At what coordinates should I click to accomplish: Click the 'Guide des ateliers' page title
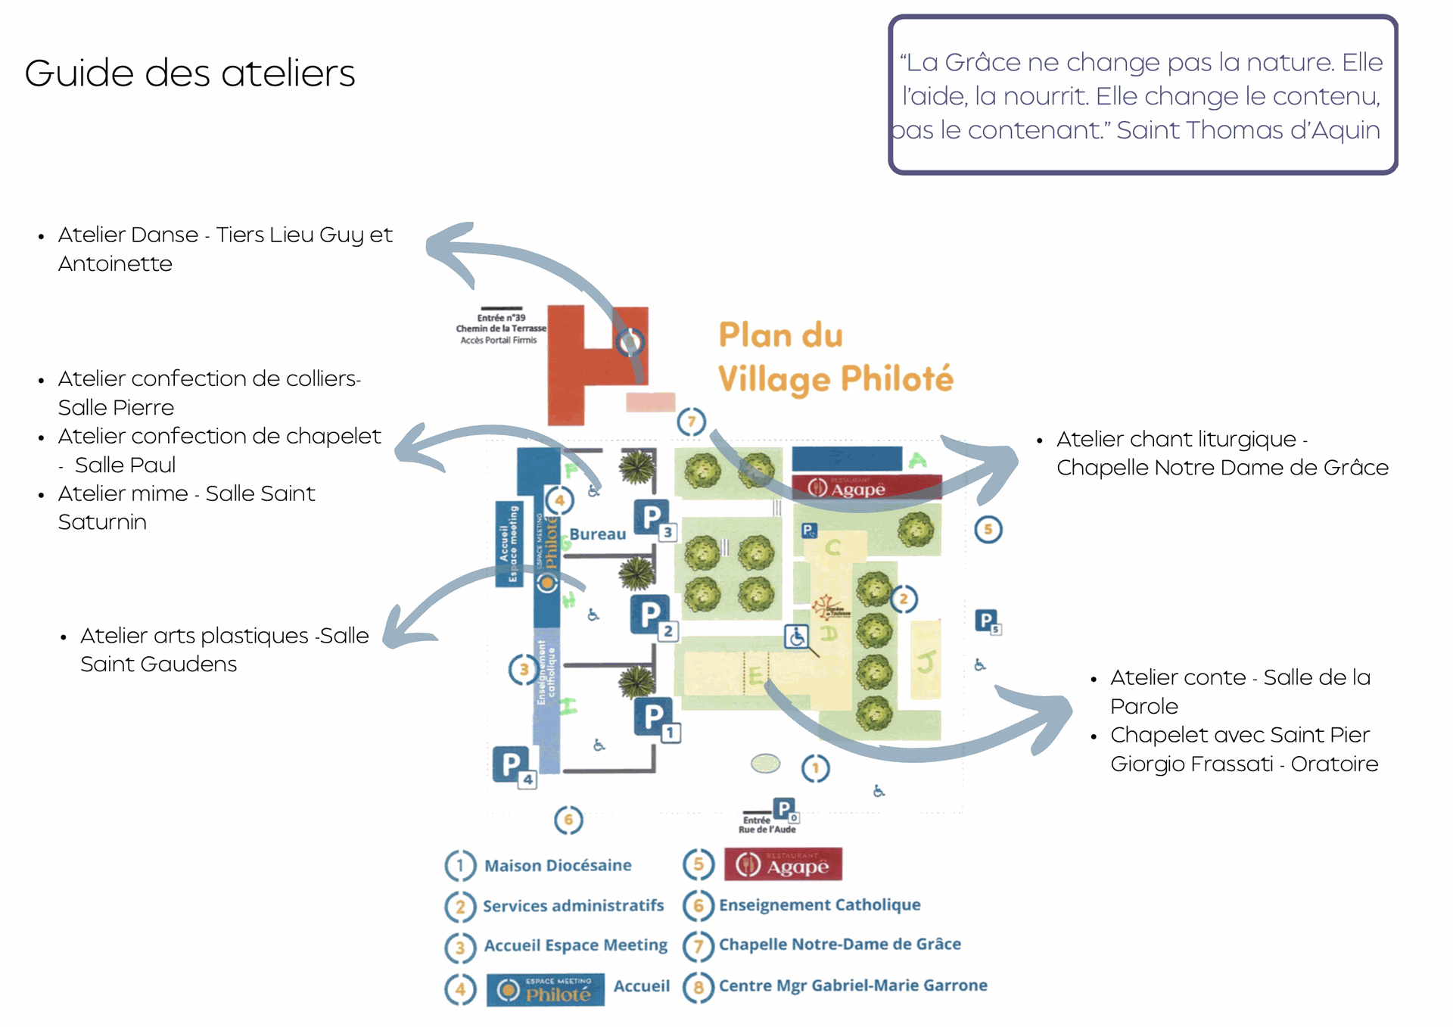point(189,73)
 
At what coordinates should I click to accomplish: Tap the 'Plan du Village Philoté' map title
point(835,357)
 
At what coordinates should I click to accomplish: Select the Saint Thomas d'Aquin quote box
point(1142,95)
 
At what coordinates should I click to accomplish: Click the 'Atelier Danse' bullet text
point(225,249)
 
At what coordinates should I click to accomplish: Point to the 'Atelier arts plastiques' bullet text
point(224,649)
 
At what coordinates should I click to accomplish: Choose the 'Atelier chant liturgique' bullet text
point(1221,453)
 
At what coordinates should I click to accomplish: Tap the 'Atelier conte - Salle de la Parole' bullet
point(1240,691)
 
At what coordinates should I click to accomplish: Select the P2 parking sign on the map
point(652,616)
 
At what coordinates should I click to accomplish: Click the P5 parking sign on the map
point(987,622)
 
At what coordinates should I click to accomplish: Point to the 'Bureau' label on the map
point(597,534)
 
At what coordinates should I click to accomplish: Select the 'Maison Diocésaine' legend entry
point(558,865)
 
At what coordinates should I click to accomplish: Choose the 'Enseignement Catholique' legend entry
point(819,905)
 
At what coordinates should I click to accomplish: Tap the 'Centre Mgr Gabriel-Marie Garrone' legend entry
point(852,985)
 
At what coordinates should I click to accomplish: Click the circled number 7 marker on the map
point(691,422)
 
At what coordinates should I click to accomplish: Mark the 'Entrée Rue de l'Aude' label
point(766,824)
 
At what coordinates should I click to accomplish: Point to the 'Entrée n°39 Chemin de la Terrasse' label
point(500,328)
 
